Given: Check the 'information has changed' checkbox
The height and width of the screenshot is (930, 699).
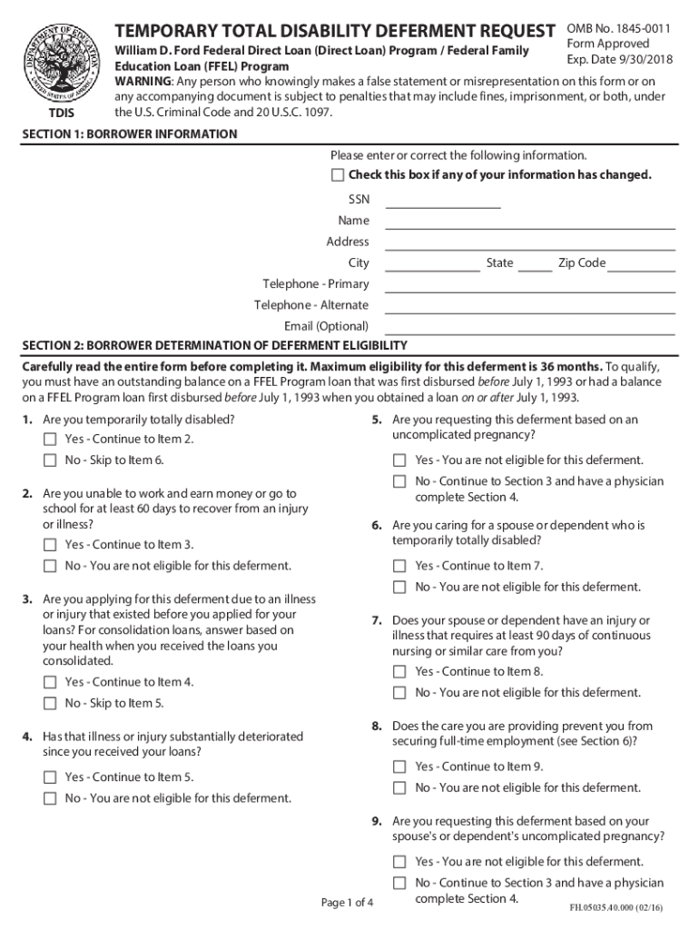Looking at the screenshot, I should [x=338, y=174].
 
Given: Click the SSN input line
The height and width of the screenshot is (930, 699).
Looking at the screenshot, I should [x=443, y=201].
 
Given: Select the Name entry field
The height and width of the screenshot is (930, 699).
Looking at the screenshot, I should [x=530, y=222].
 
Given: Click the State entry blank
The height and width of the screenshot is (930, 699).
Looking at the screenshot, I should [x=535, y=264].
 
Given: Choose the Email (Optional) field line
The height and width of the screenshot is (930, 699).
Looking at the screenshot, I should [x=530, y=327].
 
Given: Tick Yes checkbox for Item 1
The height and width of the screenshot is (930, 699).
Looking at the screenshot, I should [x=50, y=440].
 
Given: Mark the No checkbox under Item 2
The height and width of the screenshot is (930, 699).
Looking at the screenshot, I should [x=50, y=566].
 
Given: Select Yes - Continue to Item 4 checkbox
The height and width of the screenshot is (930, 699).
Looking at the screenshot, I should [x=50, y=682].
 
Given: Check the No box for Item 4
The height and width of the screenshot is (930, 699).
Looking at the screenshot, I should [x=50, y=798].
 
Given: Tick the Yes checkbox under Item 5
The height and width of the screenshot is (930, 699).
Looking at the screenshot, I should [x=399, y=460].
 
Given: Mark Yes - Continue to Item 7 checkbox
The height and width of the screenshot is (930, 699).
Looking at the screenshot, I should [x=399, y=566].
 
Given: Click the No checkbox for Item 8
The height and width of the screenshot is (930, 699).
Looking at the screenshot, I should [x=399, y=787].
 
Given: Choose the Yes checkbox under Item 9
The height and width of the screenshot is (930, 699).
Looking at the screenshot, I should [x=399, y=861].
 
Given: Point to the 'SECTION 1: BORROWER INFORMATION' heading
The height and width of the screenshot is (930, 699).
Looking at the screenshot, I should [x=130, y=134].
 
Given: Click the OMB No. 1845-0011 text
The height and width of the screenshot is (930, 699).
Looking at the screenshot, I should [x=618, y=29].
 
